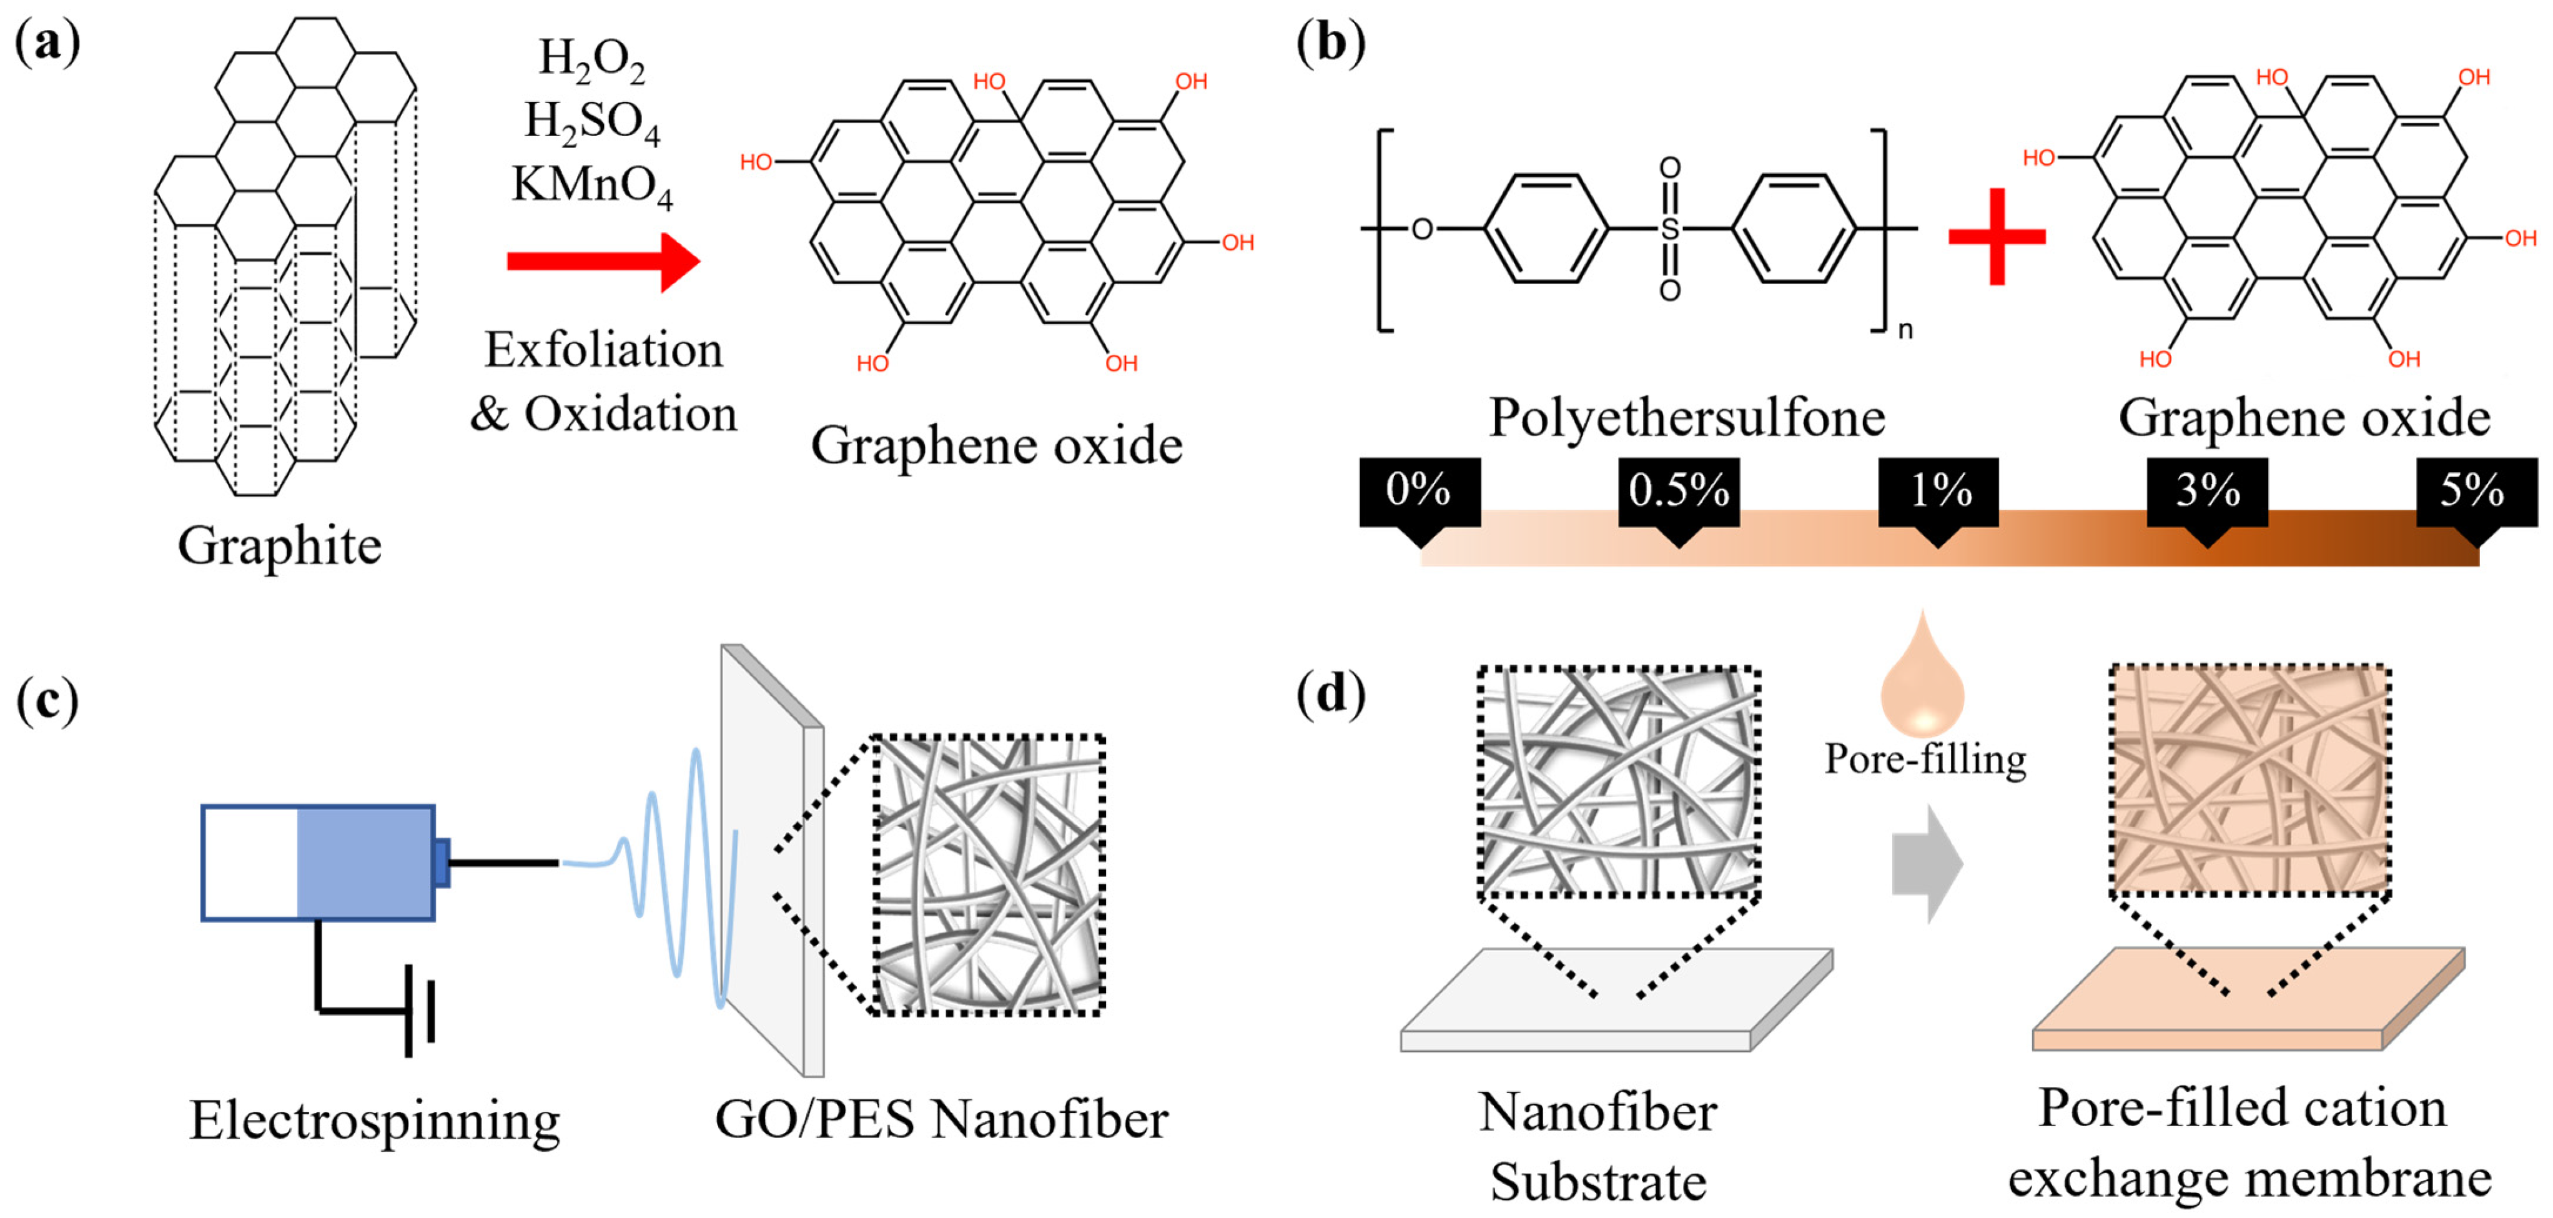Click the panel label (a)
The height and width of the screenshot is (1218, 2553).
tap(47, 44)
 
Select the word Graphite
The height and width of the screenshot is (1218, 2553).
tap(280, 546)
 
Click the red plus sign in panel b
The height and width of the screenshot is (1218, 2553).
tap(1996, 236)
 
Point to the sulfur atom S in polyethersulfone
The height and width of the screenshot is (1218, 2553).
tap(1670, 230)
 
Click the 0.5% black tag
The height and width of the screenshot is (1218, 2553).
tap(1678, 493)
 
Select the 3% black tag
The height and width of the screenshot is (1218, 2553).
tap(2207, 493)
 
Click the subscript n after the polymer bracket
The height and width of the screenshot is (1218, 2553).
tap(1905, 330)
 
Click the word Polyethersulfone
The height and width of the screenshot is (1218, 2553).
tap(1687, 417)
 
